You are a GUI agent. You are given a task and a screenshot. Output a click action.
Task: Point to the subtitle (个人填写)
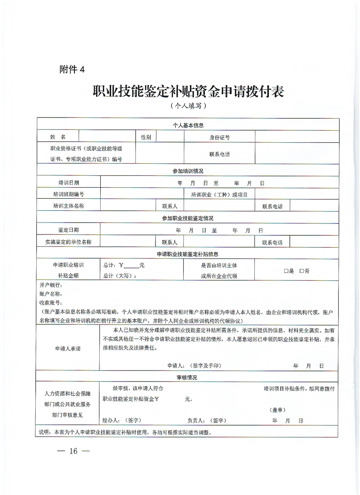(188, 106)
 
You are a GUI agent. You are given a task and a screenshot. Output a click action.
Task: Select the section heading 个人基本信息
(188, 125)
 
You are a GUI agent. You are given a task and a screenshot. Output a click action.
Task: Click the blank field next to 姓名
(107, 137)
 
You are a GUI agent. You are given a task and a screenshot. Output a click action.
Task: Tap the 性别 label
(146, 137)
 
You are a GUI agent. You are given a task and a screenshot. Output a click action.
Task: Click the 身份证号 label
(220, 137)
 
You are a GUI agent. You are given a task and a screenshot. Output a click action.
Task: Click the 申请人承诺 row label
(68, 348)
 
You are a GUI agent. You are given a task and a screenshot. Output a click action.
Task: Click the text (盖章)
(277, 409)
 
